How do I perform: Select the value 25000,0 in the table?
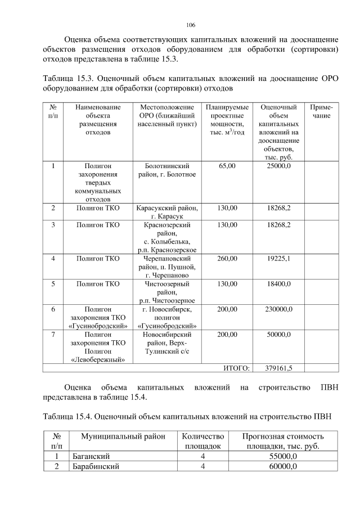279,166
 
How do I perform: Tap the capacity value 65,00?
227,166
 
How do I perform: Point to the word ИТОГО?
236,368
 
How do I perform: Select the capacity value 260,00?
227,259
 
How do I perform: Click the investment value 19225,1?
279,259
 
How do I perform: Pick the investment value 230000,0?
279,309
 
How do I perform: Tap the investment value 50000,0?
279,335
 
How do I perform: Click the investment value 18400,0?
279,284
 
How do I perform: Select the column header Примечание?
321,111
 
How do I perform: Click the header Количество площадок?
203,441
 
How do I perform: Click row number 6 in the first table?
53,309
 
